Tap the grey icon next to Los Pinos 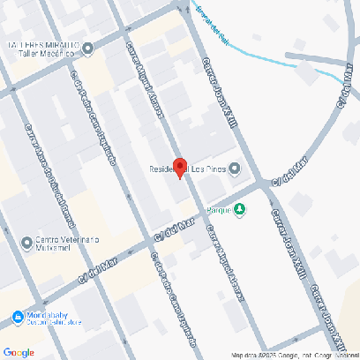coord(235,171)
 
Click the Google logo coord(19,352)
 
